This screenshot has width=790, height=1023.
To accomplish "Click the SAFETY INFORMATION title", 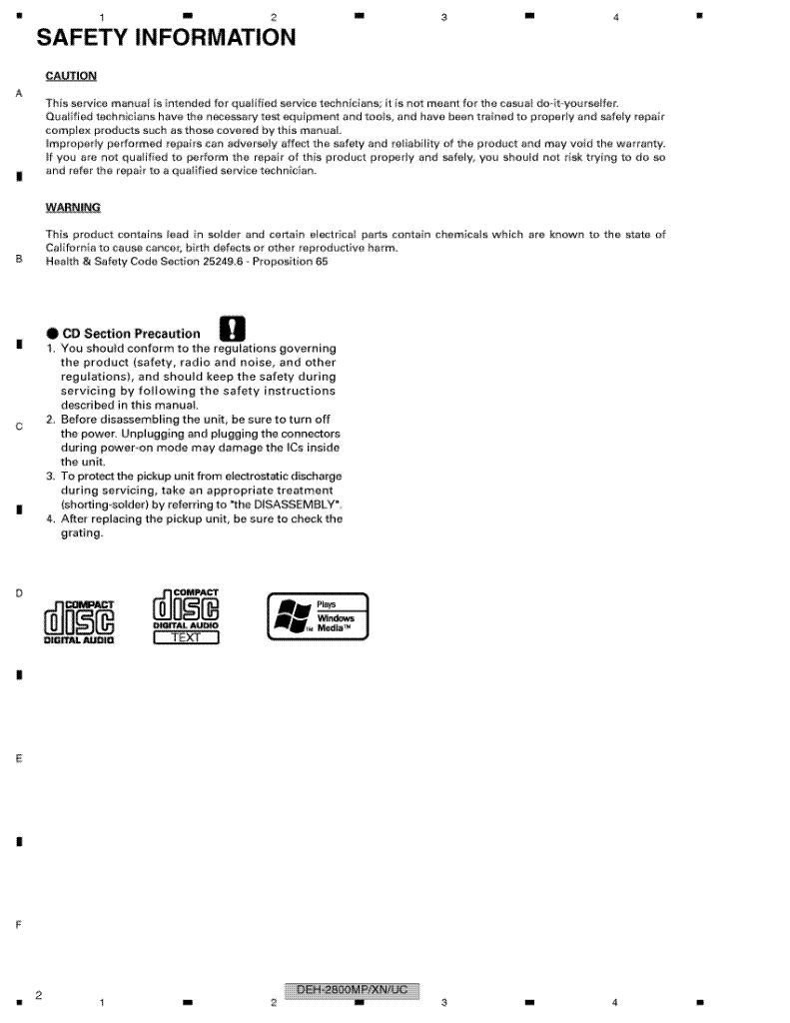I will [166, 38].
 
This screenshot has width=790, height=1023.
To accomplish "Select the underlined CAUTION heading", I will [71, 76].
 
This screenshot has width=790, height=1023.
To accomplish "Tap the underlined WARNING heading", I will [73, 208].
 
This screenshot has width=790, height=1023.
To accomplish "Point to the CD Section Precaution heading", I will [131, 334].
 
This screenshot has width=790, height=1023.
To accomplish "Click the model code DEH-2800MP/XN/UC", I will [352, 990].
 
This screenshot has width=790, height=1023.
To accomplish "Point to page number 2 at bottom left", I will [38, 995].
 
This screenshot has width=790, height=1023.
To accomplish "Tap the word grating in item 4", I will [82, 532].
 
